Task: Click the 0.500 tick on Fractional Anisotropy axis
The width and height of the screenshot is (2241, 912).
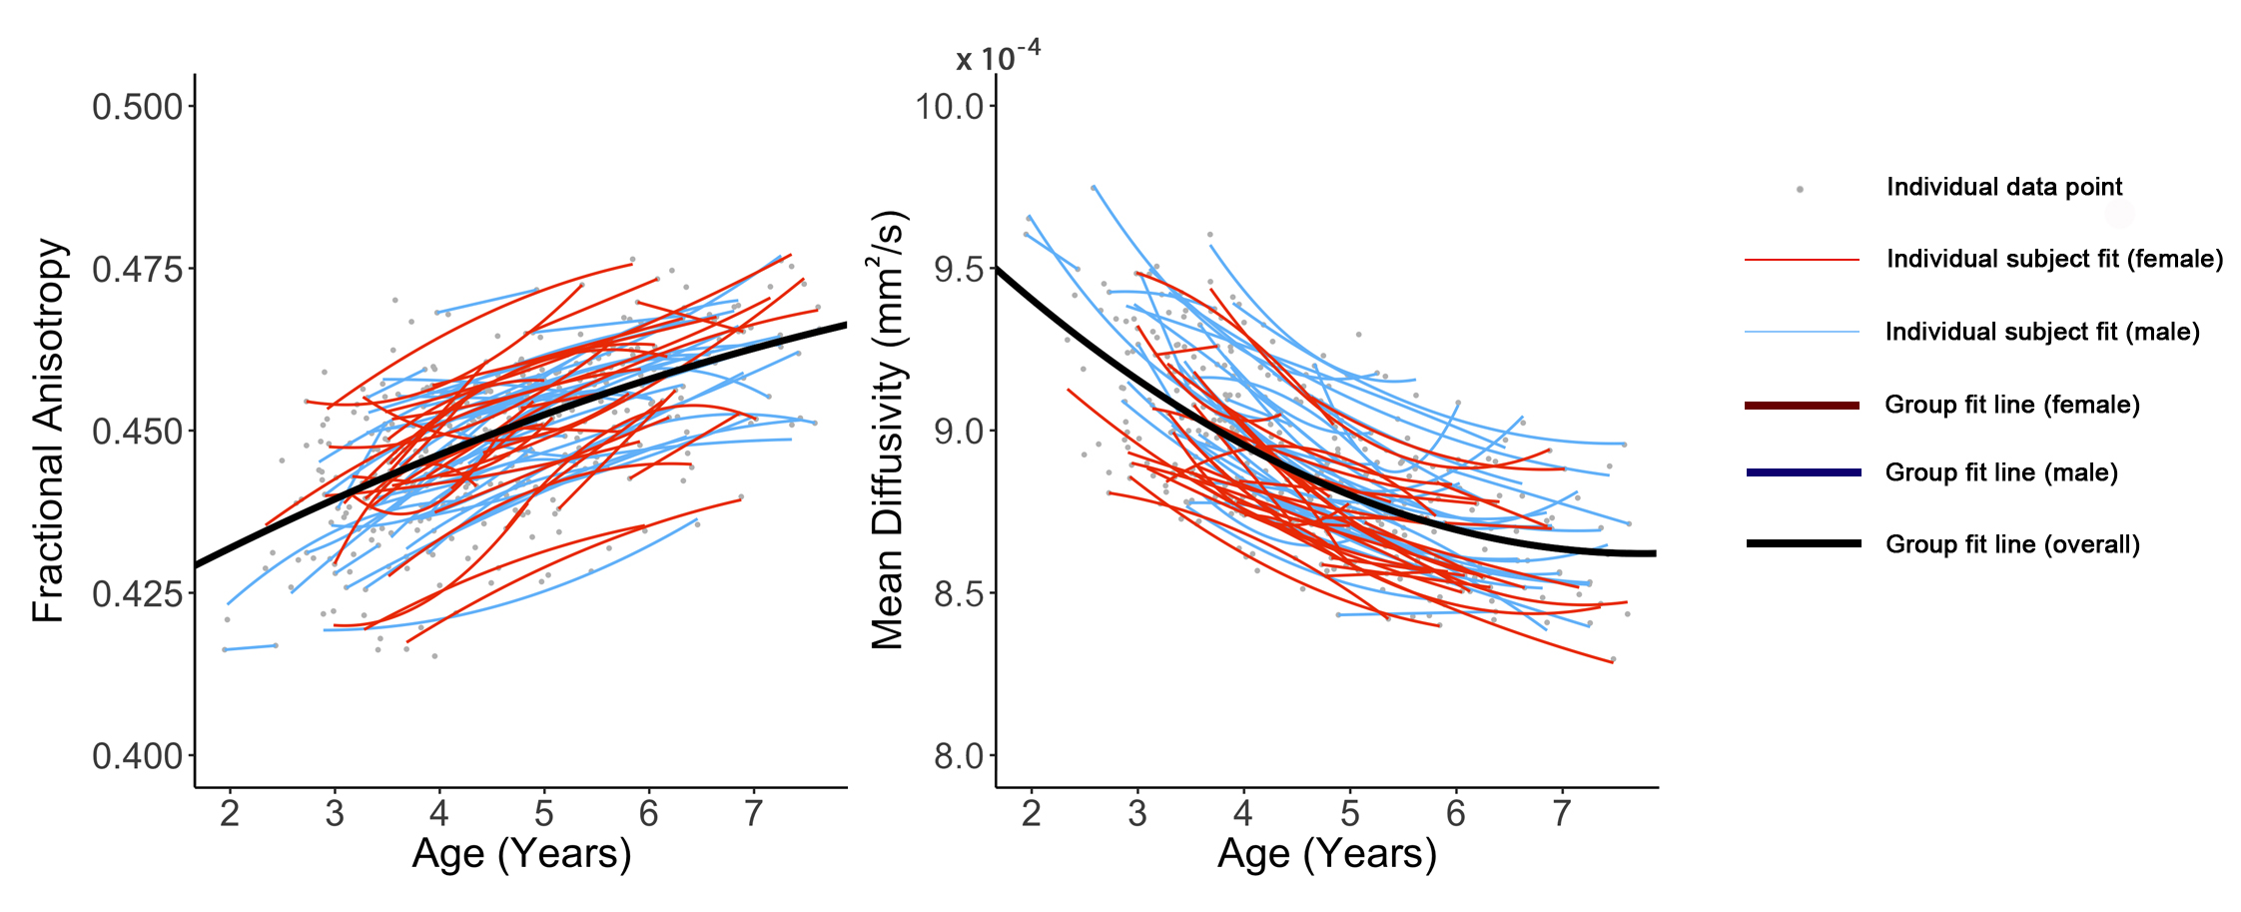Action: pos(138,107)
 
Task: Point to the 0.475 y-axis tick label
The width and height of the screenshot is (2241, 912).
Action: pos(138,270)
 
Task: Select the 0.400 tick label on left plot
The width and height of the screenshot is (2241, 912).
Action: pos(138,756)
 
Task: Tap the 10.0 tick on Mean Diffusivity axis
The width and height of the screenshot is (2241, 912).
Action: pos(950,107)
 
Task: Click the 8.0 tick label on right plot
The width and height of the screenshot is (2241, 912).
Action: pos(958,756)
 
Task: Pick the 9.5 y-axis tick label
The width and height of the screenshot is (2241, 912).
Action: pos(958,270)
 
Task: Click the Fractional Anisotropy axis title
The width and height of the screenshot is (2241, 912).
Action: pos(48,431)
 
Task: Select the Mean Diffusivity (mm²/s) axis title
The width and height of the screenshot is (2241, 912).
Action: pos(888,431)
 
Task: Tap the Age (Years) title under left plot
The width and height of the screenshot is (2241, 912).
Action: pos(521,855)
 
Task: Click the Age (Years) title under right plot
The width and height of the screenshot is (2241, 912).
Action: pos(1327,855)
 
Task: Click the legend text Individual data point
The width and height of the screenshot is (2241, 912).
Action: pos(2003,187)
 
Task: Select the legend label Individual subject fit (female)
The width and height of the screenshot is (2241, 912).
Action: pos(2054,259)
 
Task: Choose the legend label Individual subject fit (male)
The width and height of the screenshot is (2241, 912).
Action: pos(2042,332)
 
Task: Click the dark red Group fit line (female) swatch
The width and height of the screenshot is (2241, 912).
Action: pos(1802,405)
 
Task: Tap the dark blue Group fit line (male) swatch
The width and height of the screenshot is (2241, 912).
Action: pos(1802,472)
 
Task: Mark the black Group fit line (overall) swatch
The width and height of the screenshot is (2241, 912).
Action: pos(1802,543)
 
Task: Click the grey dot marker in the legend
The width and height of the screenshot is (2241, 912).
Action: pos(1800,189)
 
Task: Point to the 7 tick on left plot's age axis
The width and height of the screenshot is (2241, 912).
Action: pos(753,814)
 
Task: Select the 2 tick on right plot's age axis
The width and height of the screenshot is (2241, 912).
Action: pos(1032,814)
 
